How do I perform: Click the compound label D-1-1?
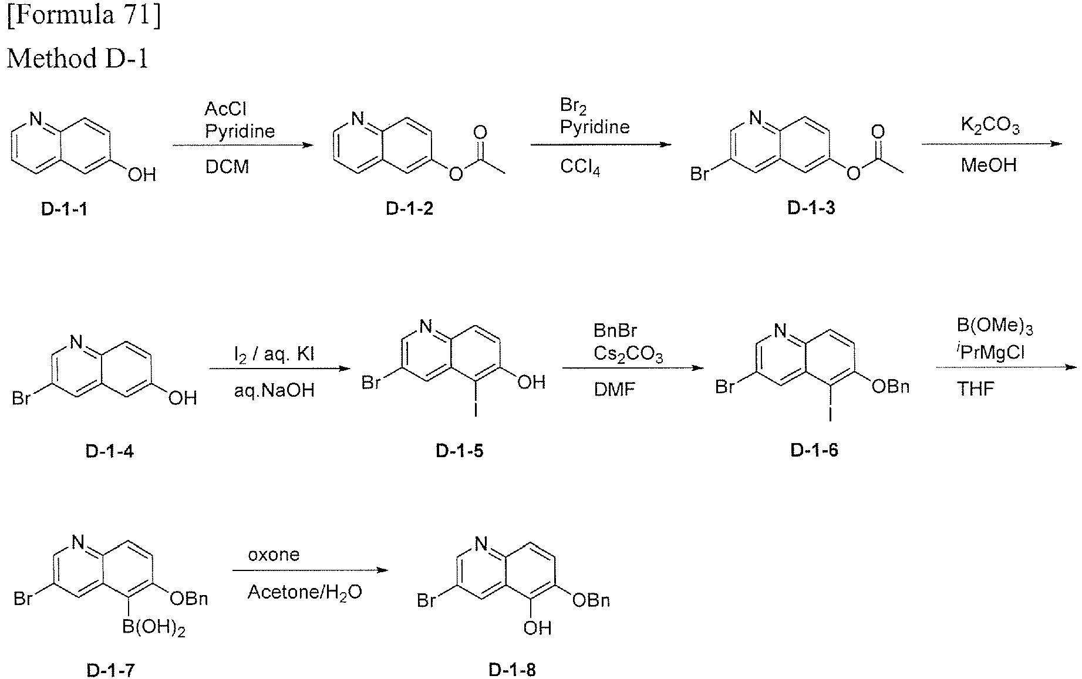coord(65,209)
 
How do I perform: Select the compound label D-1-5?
coord(460,451)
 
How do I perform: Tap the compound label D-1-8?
coord(513,670)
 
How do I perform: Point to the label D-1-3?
coord(811,208)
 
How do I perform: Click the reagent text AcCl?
coord(225,109)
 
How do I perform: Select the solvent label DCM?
coord(227,167)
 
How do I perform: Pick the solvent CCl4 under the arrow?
coord(580,167)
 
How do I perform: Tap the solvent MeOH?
coord(989,165)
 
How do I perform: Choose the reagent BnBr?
coord(615,331)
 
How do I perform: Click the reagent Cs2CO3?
coord(628,355)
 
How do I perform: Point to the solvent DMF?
coord(615,389)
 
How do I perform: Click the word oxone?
coord(274,555)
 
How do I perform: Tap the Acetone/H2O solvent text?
coord(305,592)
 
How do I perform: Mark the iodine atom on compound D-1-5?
coord(476,410)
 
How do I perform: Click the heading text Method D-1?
coord(77,59)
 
